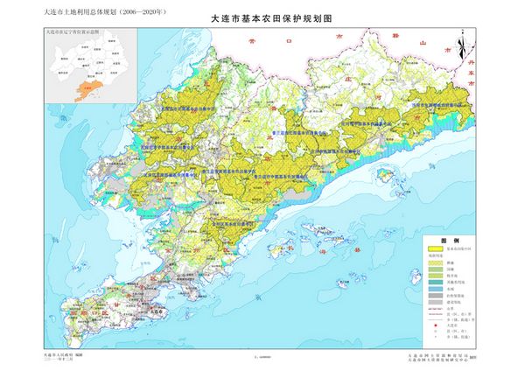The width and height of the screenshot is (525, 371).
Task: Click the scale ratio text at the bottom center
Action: pyautogui.click(x=260, y=357)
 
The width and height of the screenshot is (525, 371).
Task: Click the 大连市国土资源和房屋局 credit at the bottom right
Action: pyautogui.click(x=437, y=355)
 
